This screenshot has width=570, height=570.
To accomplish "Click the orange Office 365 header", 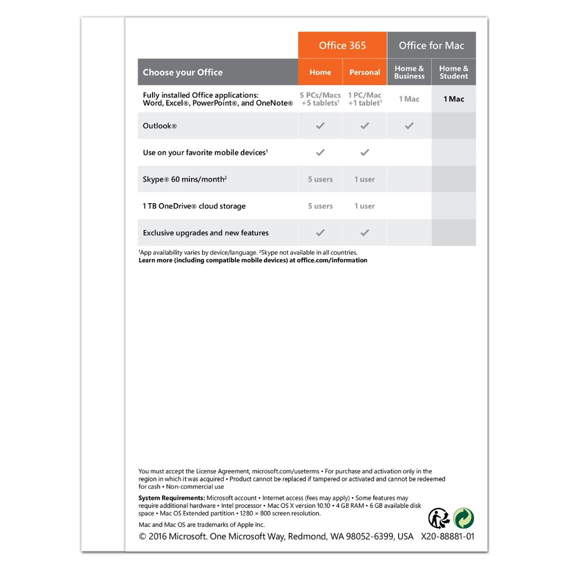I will [342, 46].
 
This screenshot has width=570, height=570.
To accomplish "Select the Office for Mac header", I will [431, 46].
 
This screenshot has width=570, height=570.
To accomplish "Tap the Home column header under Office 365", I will [320, 72].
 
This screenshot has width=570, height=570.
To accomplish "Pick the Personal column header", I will [365, 72].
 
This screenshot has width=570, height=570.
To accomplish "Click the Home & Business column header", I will [409, 72].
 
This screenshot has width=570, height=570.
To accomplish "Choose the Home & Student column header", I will [454, 72].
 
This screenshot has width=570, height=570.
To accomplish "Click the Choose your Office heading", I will [183, 72].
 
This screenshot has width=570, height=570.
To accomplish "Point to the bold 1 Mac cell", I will [454, 99].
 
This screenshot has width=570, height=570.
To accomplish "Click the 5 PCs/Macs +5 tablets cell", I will [320, 99].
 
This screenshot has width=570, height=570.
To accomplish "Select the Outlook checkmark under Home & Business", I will [409, 126].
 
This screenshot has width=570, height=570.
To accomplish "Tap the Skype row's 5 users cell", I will [320, 179].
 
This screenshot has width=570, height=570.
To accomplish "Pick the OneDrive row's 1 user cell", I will [365, 206].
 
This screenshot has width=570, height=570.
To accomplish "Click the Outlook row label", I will [160, 126].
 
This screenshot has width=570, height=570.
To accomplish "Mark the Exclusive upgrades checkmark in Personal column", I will [365, 233].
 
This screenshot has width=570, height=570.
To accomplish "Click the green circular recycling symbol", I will [464, 518].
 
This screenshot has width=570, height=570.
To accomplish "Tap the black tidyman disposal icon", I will [439, 518].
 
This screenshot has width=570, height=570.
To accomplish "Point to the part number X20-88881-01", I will [448, 537].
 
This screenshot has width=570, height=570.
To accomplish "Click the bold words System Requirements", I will [171, 498].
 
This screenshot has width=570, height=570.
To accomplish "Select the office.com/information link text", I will [332, 260].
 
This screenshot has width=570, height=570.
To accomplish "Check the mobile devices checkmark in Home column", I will [320, 153].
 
